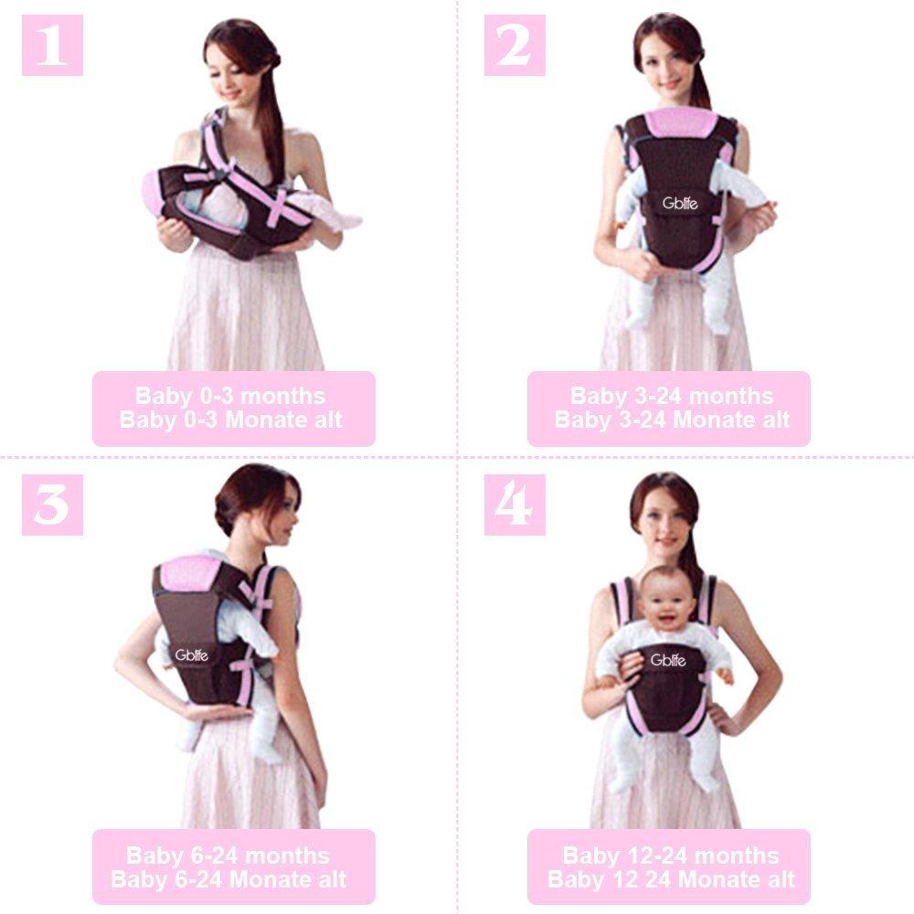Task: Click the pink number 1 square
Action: (x=52, y=46)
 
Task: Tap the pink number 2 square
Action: (x=515, y=46)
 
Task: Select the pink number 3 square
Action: (x=52, y=505)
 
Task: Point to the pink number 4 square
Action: (x=515, y=505)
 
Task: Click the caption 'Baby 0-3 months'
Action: (x=230, y=396)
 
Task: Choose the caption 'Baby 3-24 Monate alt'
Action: (x=672, y=420)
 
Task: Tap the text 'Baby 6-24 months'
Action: (x=228, y=856)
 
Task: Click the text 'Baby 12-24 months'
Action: (x=670, y=856)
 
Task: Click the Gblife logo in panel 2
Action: (x=680, y=203)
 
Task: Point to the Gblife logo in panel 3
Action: (x=191, y=655)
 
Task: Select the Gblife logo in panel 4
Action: (x=668, y=660)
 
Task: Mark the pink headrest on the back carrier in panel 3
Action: (x=191, y=573)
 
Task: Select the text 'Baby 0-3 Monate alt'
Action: (x=231, y=420)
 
